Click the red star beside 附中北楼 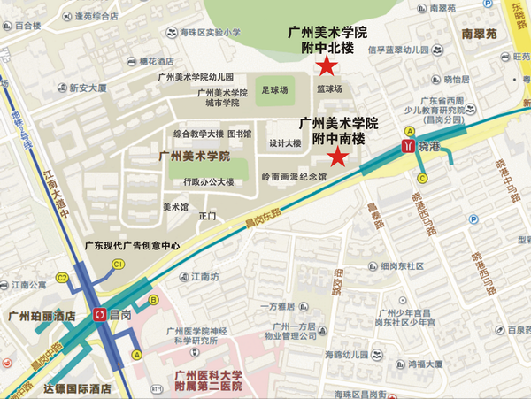(x=327, y=65)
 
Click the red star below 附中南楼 (x=337, y=157)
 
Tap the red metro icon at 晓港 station (x=408, y=144)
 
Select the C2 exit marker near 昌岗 (x=63, y=277)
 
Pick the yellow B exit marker (x=154, y=300)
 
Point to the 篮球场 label (x=329, y=89)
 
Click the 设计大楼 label (x=285, y=143)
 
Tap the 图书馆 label (x=240, y=134)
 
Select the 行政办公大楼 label (x=209, y=181)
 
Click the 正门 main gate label (x=208, y=215)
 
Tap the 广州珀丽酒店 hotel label (x=41, y=315)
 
